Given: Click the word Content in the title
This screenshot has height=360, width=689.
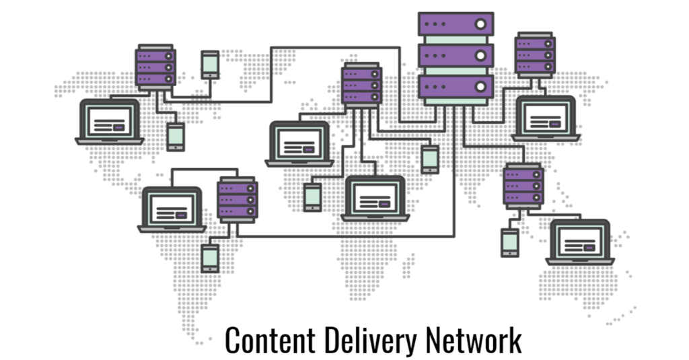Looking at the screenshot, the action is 270,339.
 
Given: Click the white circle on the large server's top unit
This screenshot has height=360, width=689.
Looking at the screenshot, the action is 480,24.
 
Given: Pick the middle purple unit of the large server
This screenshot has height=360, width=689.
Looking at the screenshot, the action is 456,55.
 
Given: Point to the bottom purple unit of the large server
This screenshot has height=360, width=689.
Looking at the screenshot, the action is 456,87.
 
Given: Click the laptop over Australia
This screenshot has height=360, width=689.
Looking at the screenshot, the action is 580,242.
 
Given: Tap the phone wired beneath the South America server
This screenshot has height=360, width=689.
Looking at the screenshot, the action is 210,258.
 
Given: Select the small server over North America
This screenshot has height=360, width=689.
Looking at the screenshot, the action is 155,67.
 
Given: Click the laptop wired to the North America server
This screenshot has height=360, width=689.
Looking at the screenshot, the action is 110,122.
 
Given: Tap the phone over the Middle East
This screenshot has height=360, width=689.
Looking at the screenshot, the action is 430,159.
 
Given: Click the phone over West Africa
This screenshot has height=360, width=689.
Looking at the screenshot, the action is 313,197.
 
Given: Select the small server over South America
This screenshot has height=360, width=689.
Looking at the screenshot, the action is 238,200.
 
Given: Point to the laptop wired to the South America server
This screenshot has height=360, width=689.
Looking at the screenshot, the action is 172,210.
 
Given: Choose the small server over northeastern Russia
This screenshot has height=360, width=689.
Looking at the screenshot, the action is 535,55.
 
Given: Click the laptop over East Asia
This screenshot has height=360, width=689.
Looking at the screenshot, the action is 546,118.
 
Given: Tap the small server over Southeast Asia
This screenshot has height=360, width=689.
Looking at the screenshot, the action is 523,186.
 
